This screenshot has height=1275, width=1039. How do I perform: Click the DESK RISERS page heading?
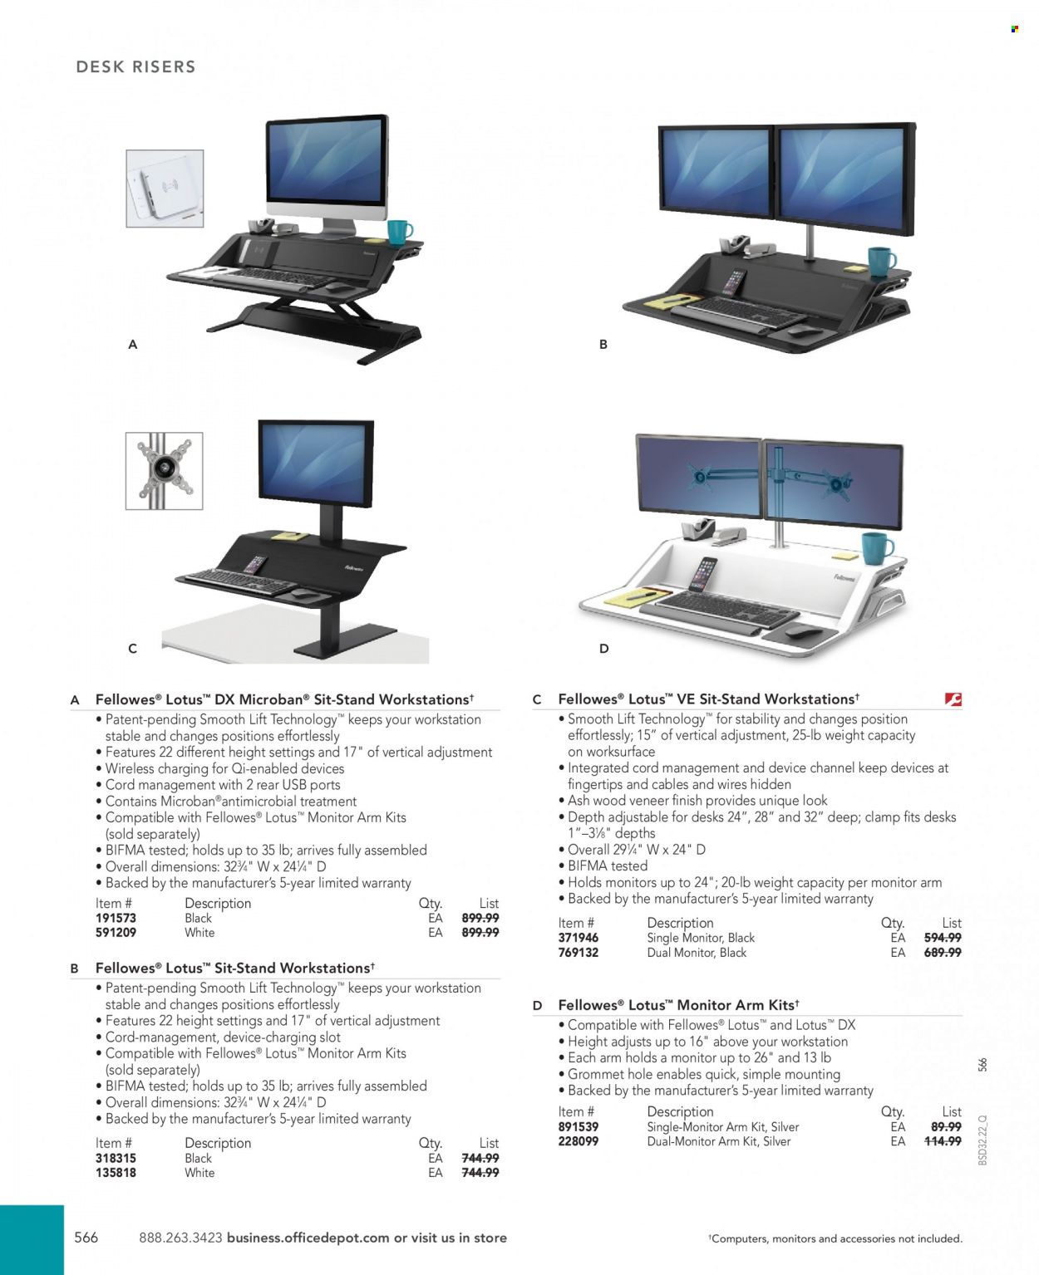pos(136,66)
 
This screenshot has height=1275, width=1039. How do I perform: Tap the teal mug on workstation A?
pos(400,233)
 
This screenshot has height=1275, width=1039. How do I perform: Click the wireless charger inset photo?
pos(165,189)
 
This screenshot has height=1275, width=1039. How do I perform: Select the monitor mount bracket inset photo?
pos(164,471)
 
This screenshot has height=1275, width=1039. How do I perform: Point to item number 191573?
pos(116,918)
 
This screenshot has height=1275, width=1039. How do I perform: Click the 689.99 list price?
pos(942,952)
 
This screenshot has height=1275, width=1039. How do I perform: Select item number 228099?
pos(578,1141)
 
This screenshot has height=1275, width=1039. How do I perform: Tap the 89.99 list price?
pos(946,1126)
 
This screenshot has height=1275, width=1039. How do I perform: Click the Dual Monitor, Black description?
pos(697,952)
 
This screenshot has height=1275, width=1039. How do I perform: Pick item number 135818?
pos(116,1173)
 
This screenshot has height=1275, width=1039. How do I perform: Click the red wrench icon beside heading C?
pos(953,699)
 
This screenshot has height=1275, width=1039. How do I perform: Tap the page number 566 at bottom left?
pos(86,1238)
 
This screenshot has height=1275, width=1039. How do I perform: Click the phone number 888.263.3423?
pos(180,1238)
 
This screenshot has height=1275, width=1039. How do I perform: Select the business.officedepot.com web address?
pos(308,1238)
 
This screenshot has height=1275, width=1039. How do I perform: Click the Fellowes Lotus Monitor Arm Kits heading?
pos(678,1005)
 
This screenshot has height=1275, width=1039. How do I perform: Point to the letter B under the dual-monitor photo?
pos(603,344)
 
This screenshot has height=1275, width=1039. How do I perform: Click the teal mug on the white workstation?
pos(877,548)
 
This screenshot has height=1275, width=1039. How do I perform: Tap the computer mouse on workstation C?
pos(303,594)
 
